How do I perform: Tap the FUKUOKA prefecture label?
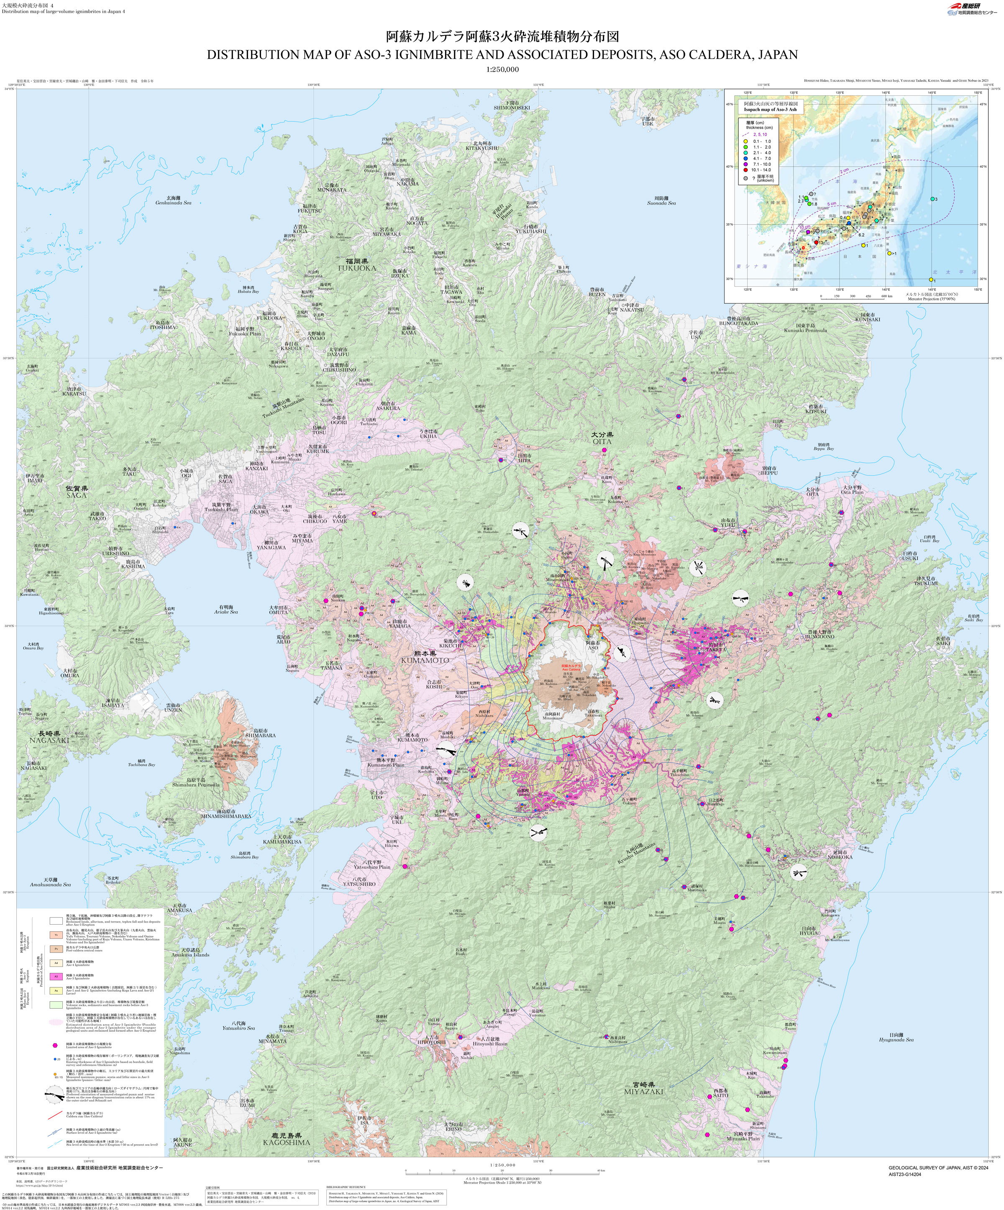(x=357, y=268)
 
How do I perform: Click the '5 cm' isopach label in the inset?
(x=832, y=204)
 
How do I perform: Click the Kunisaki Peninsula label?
(x=805, y=330)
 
